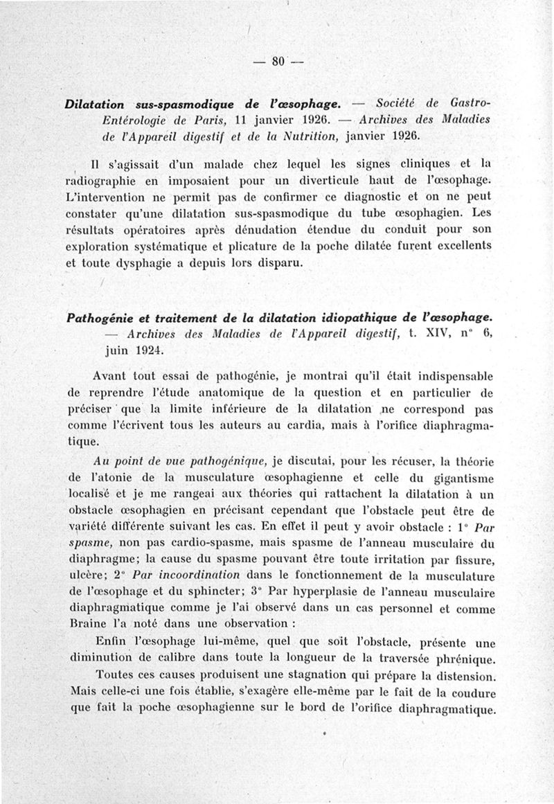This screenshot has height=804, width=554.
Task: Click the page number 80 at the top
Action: (279, 61)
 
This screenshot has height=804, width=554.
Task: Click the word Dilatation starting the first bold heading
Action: (93, 105)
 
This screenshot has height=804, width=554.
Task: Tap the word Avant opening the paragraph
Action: (110, 377)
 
